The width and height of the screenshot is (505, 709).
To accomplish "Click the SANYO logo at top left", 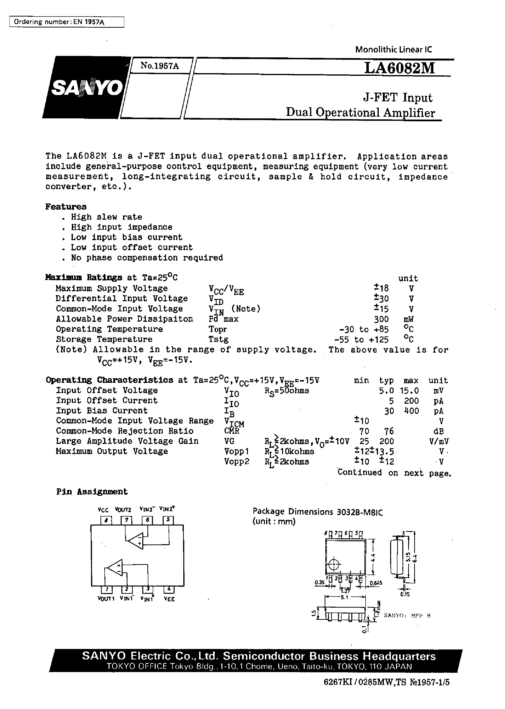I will (x=86, y=88).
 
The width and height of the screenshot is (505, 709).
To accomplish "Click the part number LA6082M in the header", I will (x=400, y=68).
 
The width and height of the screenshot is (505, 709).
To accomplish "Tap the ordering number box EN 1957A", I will (x=67, y=22).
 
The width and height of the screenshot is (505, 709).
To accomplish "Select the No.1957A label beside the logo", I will (x=160, y=65).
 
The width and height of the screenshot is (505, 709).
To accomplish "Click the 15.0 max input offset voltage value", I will (x=411, y=391).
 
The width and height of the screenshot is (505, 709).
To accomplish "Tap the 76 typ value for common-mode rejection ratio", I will (x=389, y=431).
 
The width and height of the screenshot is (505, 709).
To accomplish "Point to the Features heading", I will (x=66, y=207).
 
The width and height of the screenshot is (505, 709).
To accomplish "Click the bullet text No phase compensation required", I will (x=147, y=258).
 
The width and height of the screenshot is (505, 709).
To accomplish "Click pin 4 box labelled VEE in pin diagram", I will (x=169, y=589).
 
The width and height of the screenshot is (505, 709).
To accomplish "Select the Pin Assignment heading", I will (x=92, y=492).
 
